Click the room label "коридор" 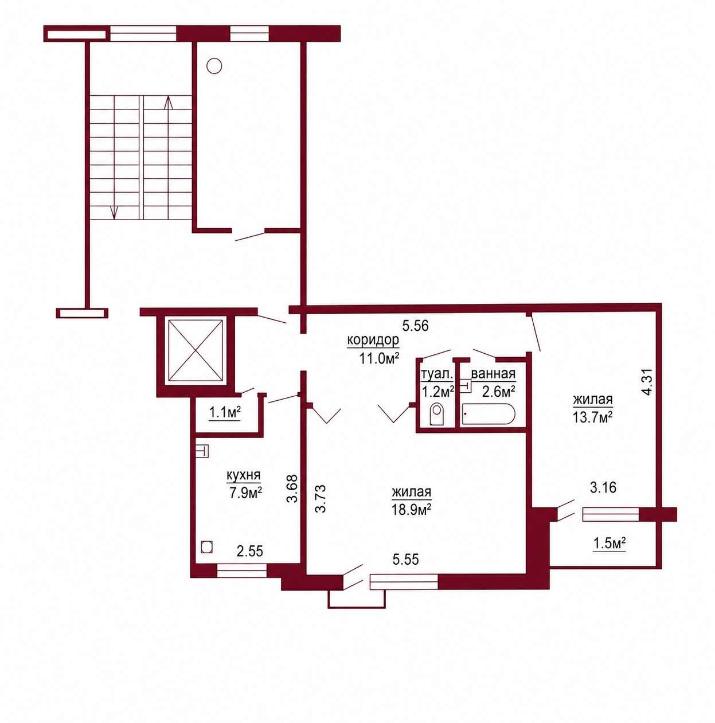[373, 341]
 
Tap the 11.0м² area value [378, 359]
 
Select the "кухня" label [243, 475]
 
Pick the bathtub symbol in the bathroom [488, 414]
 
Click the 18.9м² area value [411, 509]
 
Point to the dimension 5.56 [415, 326]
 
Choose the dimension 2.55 [249, 551]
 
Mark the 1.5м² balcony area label [609, 543]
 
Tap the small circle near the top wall [214, 66]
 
